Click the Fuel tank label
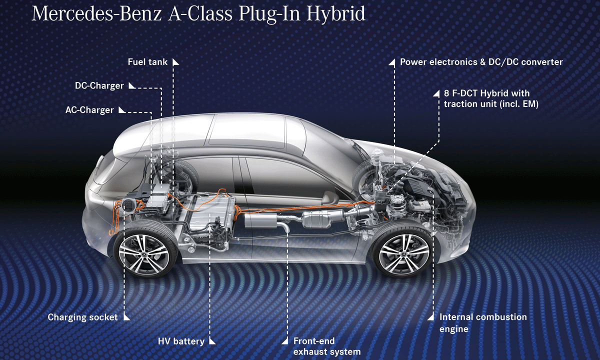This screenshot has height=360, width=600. coord(147,62)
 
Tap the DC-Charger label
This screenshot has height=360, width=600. coord(99,85)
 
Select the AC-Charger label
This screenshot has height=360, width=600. coord(89,109)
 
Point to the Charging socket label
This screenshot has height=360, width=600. coord(82,317)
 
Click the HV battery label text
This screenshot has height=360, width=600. coord(180,341)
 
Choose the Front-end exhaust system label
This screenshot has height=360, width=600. coord(326,346)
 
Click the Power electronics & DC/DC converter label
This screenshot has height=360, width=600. coord(481,62)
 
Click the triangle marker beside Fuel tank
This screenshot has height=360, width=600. coord(175,62)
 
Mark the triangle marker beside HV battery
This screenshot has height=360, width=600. coord(212,341)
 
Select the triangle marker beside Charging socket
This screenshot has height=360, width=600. coord(126,316)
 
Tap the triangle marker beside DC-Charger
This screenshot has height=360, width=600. coord(131,85)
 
